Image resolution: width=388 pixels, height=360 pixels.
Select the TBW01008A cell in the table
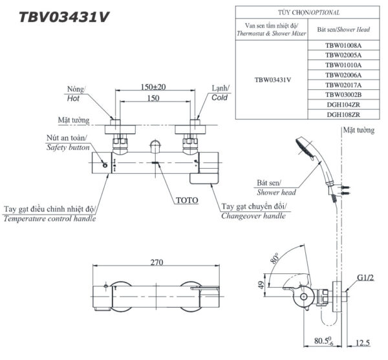(343, 46)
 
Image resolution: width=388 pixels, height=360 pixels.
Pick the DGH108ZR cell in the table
(343, 114)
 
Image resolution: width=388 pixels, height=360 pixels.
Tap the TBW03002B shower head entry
(343, 94)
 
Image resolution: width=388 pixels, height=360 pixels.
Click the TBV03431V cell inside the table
(272, 80)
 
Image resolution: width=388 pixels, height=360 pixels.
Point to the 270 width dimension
(156, 263)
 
